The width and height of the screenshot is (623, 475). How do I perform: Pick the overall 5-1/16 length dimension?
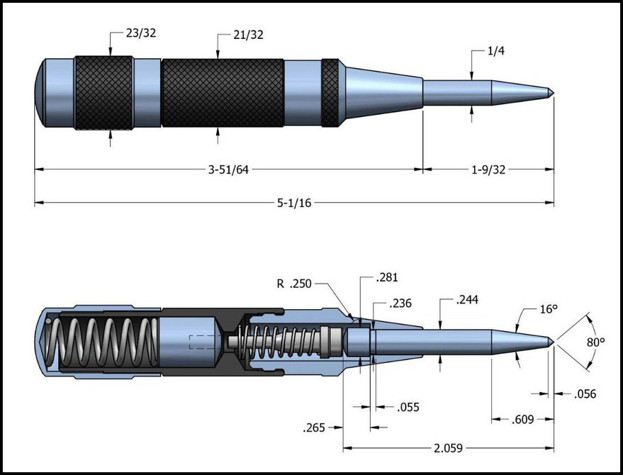point(294,203)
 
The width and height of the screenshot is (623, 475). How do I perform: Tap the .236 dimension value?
point(401,303)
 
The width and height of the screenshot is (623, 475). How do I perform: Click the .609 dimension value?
point(522,420)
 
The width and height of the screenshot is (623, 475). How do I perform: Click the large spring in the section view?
point(103,342)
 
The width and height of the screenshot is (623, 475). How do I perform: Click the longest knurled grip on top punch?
point(223,92)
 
